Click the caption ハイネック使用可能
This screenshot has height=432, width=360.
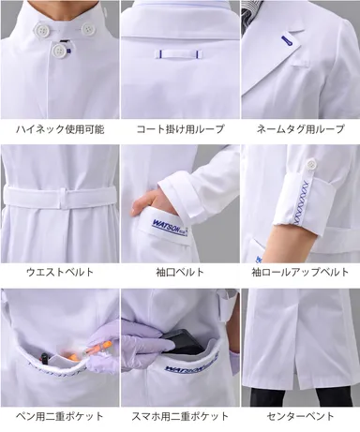(x=60, y=129)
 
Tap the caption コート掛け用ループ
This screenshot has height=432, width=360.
(x=180, y=129)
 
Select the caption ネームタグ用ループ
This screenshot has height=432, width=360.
(x=300, y=129)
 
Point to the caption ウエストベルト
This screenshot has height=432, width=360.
(x=60, y=272)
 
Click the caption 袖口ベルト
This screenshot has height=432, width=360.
(x=180, y=272)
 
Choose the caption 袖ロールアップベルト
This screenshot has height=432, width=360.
(x=300, y=272)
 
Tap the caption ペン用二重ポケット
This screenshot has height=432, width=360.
(x=60, y=416)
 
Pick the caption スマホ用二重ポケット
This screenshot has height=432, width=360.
(x=180, y=416)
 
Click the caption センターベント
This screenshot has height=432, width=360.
(x=300, y=416)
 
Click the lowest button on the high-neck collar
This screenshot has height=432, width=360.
(x=59, y=50)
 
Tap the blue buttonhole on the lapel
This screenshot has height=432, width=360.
(x=285, y=41)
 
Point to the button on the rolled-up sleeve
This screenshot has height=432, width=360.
(x=311, y=163)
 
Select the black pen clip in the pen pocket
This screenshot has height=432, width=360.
(x=44, y=359)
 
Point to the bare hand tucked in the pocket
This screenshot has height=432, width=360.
(x=152, y=203)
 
